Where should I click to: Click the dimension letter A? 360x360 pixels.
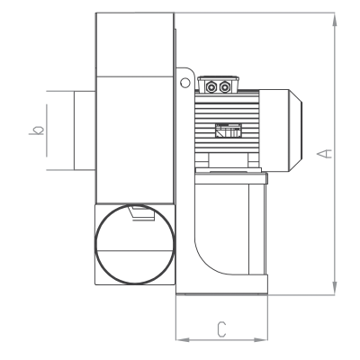324,154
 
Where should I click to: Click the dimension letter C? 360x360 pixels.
221,329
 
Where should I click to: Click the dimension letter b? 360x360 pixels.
37,130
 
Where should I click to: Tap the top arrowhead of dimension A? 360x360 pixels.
335,20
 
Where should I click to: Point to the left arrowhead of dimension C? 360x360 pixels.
183,340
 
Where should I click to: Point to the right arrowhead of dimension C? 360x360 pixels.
260,340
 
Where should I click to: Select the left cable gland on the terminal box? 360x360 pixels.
211,87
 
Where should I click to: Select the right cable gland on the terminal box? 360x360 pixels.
224,87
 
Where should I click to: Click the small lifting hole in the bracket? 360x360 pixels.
185,83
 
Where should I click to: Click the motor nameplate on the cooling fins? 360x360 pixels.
228,130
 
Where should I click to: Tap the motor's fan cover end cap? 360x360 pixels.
281,130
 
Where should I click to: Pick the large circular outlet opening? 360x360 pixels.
134,283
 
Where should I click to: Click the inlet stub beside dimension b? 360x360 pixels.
85,130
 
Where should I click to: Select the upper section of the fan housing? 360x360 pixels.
135,44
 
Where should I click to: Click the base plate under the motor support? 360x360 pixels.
221,284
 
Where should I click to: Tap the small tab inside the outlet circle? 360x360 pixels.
141,213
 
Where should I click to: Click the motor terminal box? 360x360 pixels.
219,85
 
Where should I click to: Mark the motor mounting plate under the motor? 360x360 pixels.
231,178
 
